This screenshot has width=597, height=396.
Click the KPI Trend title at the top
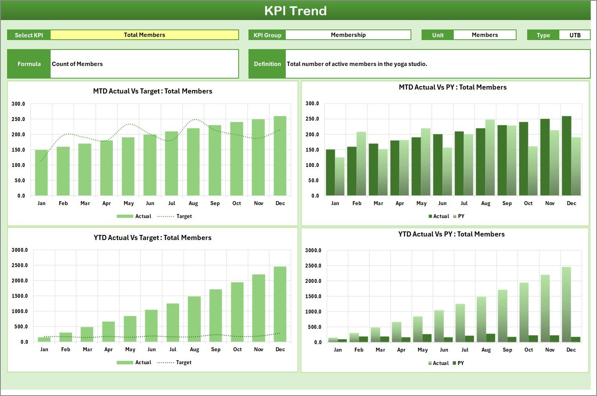point(295,11)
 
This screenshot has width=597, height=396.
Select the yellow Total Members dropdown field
point(144,35)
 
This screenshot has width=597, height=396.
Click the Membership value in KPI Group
point(348,35)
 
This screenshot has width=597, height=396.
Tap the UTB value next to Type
point(575,35)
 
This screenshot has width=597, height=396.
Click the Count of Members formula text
point(77,64)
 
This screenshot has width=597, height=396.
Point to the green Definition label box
point(267,64)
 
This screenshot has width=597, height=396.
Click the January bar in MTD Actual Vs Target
point(41,173)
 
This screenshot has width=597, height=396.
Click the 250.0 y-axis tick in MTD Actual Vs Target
point(18,119)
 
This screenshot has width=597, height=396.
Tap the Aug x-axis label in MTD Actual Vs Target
point(193,203)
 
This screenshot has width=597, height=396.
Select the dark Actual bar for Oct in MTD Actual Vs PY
point(524,159)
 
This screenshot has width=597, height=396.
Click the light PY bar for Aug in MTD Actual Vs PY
point(490,158)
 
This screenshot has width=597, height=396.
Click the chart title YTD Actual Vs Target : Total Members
point(152,238)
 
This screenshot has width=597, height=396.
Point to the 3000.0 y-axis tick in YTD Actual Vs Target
point(20,250)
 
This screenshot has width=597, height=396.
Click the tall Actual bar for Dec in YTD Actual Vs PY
point(566,304)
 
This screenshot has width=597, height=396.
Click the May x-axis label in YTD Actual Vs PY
point(422,350)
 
